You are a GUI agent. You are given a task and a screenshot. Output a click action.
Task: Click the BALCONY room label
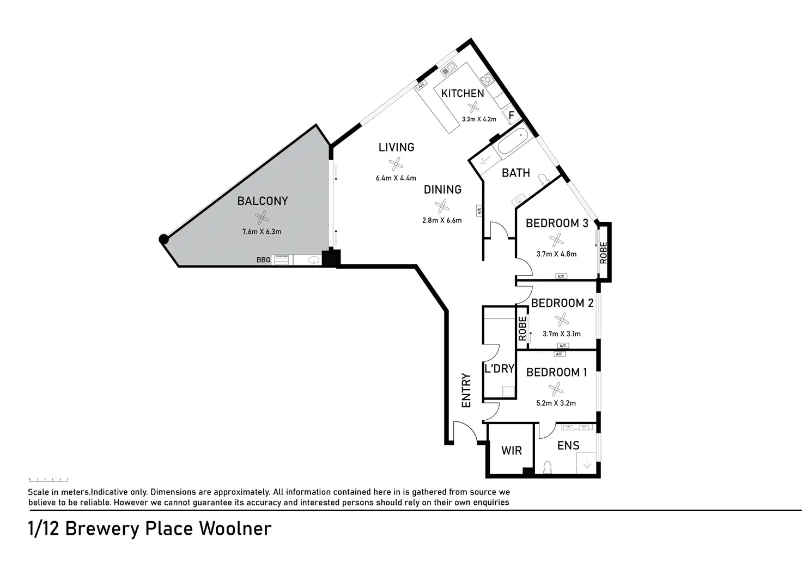262,201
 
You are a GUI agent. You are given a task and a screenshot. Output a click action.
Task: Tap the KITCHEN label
462,93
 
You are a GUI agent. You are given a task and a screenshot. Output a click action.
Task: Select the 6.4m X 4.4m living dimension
396,178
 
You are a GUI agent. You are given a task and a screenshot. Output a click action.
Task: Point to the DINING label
442,189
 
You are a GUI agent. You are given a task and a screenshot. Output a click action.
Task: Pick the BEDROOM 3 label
556,223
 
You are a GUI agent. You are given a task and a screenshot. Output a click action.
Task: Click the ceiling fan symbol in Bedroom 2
561,319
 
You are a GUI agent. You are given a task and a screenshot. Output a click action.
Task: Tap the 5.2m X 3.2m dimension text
556,403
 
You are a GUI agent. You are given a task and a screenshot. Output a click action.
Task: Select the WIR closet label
511,450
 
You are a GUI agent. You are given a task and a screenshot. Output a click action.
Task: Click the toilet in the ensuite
548,467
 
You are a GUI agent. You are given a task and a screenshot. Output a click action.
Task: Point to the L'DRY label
499,368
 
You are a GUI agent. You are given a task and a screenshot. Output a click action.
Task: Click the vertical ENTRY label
466,390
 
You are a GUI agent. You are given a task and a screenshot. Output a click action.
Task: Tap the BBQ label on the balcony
263,260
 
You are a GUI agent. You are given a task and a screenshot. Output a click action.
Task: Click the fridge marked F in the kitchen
512,116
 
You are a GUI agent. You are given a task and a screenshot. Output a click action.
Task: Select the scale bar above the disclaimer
48,480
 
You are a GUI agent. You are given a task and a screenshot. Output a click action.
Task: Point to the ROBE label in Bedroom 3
603,252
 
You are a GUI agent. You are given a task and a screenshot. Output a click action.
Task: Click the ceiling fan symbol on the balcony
262,217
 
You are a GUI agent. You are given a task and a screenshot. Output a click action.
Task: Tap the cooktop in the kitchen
488,81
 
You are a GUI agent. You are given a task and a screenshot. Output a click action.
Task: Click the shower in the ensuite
587,463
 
